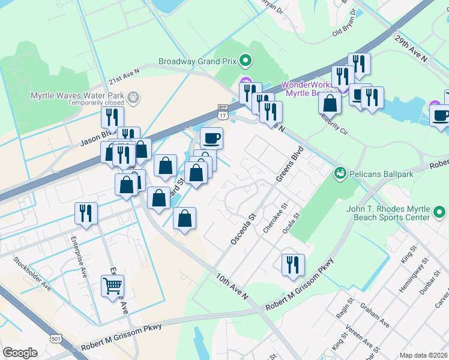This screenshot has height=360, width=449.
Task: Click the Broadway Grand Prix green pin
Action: [245, 61]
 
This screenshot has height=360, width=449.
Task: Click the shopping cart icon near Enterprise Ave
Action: [112, 287]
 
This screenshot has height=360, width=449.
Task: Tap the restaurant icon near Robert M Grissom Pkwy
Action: [293, 265]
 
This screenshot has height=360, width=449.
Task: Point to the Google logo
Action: [20, 352]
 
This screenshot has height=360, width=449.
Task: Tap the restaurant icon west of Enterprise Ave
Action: [86, 214]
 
